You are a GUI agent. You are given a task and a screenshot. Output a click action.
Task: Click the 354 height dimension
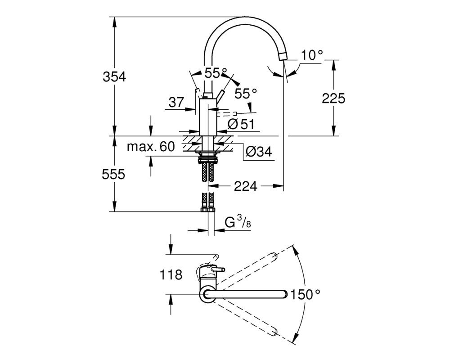click(114, 77)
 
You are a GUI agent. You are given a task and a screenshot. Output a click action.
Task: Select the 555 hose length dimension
click(114, 174)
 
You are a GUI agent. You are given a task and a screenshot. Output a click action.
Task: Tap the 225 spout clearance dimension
click(333, 99)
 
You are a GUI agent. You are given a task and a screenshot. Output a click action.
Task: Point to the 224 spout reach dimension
click(245, 187)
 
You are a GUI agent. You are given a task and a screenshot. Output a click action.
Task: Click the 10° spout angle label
click(312, 55)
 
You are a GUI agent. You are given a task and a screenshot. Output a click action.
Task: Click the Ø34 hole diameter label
click(259, 151)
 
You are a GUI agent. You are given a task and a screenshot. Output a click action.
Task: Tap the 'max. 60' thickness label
click(151, 147)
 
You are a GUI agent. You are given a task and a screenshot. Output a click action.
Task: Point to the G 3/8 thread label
click(238, 222)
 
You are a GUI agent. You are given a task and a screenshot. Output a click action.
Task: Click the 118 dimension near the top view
click(171, 275)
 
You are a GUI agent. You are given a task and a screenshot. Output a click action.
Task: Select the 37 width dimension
click(176, 102)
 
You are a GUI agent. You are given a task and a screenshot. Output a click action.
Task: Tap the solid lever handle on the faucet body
click(220, 95)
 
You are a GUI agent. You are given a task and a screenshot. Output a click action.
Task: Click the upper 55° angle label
click(216, 73)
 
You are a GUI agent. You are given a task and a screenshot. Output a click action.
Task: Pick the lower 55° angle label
click(246, 94)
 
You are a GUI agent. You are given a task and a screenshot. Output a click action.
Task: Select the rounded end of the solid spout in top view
click(284, 294)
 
